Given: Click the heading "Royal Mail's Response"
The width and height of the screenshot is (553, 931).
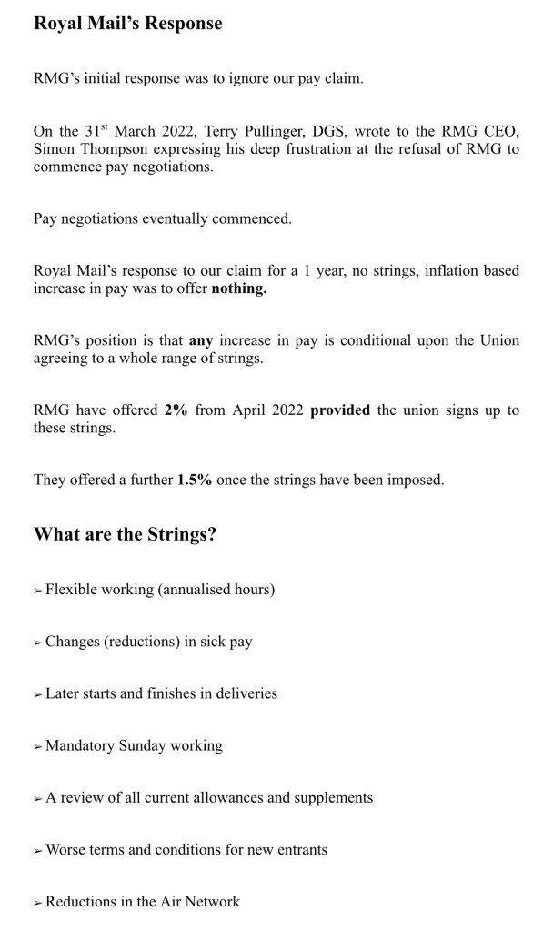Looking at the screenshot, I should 127,24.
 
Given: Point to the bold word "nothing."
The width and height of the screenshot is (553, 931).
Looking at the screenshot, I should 239,289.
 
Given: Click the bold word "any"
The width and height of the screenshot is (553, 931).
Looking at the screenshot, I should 201,340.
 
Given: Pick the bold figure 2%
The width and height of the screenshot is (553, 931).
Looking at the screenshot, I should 176,410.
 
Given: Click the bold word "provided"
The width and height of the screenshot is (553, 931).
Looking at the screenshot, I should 340,410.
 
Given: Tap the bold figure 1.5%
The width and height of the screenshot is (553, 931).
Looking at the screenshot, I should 194,480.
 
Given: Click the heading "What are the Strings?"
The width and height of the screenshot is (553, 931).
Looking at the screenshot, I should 125,534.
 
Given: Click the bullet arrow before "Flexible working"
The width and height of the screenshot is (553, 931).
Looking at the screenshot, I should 38,591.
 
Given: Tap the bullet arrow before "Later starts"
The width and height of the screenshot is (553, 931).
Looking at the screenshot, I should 38,694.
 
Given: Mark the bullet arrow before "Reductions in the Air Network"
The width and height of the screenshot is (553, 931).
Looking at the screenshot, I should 38,903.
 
